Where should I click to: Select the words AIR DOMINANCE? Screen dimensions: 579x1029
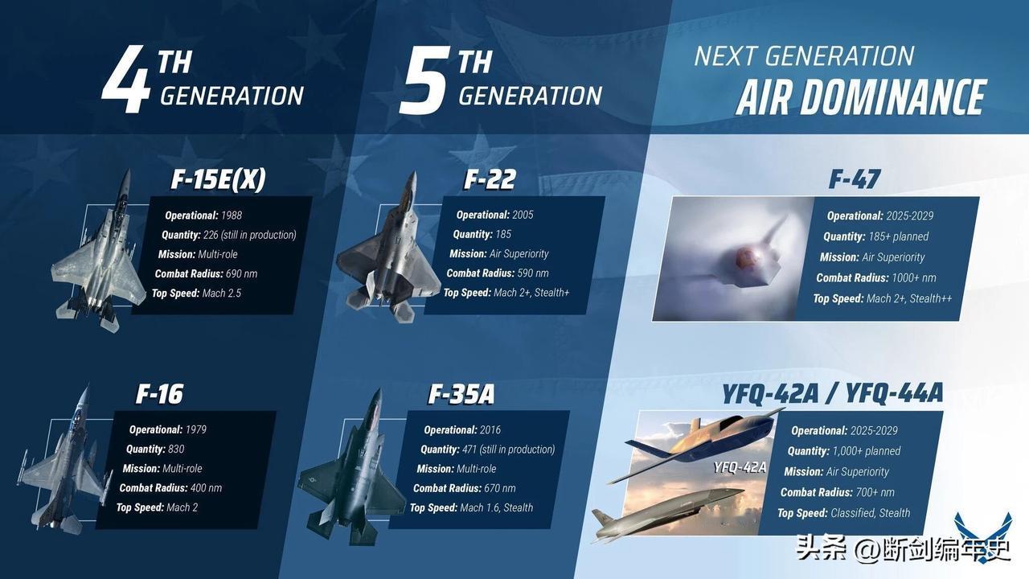point(860,98)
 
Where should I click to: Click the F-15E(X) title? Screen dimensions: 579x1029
point(218,180)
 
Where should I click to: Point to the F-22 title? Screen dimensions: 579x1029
point(490,179)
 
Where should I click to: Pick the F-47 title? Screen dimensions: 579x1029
point(855,179)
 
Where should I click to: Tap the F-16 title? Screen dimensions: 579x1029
point(159,394)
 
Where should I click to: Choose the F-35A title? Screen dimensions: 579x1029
point(461,394)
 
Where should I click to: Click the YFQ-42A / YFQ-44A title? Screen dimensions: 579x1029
point(831,393)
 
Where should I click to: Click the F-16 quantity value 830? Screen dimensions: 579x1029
point(176,450)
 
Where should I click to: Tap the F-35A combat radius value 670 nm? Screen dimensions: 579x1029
point(499,488)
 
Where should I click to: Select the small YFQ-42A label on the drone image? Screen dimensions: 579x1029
point(740,467)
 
